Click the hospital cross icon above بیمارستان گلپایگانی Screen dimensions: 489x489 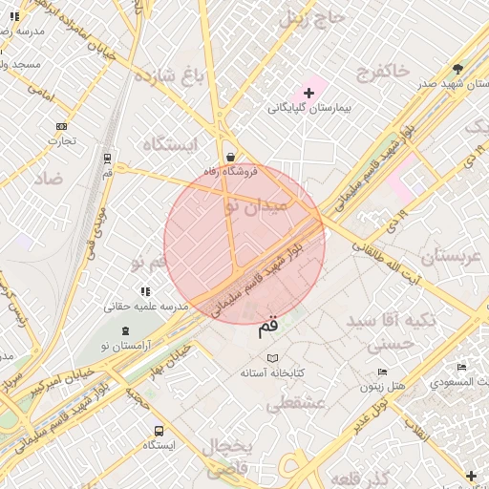[x=308, y=93]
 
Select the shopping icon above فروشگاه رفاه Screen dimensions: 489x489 [x=230, y=157]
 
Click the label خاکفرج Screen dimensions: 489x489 [x=384, y=71]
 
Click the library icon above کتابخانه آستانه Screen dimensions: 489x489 [x=273, y=357]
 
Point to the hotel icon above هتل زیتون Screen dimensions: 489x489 [x=383, y=372]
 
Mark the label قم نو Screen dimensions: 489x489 [x=150, y=262]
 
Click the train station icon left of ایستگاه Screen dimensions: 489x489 [x=106, y=159]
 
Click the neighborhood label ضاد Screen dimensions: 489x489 [x=48, y=179]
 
